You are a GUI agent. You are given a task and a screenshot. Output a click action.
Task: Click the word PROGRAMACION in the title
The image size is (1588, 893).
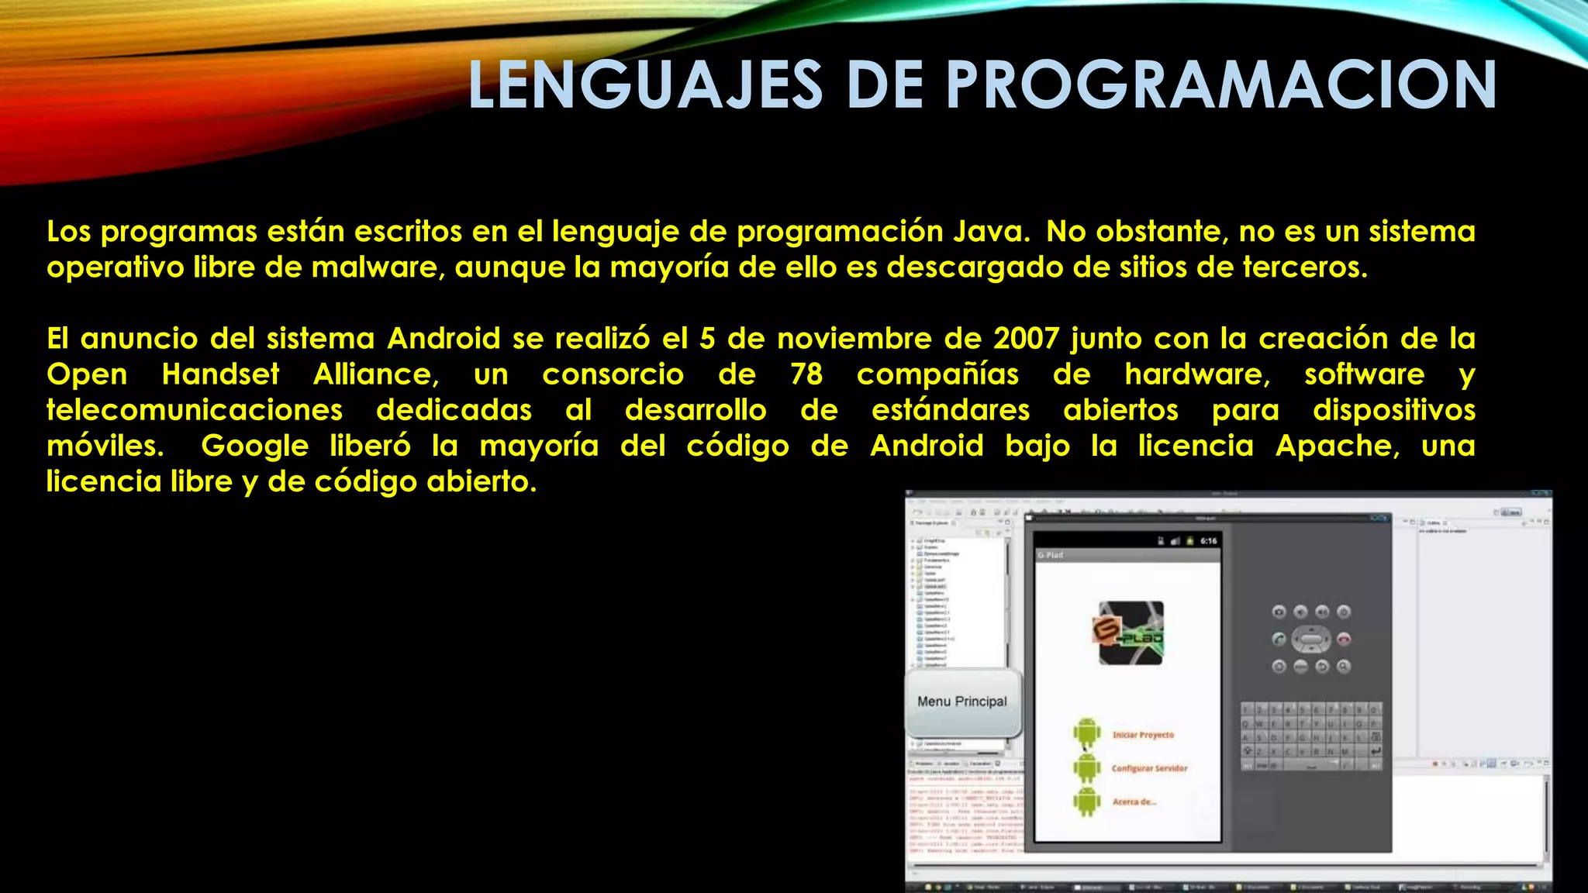(x=1221, y=85)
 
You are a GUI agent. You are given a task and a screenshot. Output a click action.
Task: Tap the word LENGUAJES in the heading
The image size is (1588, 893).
(x=645, y=85)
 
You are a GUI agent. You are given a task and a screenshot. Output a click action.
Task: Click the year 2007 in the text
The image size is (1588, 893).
(x=1026, y=339)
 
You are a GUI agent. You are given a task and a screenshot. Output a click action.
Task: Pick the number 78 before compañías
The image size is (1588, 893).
(x=806, y=374)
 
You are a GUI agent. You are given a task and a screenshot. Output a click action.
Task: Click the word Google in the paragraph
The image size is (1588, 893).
(x=255, y=446)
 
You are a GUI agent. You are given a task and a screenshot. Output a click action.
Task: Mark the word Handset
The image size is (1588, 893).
(x=220, y=374)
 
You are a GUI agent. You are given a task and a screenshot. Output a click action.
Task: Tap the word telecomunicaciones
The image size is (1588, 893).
(x=195, y=410)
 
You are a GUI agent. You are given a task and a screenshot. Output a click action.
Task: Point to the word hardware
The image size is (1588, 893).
(x=1197, y=374)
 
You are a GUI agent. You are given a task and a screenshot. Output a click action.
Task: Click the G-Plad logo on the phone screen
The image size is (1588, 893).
(x=1131, y=633)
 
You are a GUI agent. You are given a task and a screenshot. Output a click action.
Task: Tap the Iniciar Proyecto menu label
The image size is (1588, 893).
(x=1143, y=735)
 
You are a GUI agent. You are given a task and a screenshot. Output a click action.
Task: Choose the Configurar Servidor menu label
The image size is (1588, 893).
(x=1149, y=768)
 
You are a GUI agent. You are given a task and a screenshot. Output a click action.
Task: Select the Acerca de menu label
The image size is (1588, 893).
(x=1134, y=802)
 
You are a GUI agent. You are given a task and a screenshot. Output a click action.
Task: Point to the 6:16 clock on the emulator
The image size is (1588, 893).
(x=1208, y=541)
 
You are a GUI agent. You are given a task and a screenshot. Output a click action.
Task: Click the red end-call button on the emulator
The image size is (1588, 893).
(x=1344, y=640)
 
